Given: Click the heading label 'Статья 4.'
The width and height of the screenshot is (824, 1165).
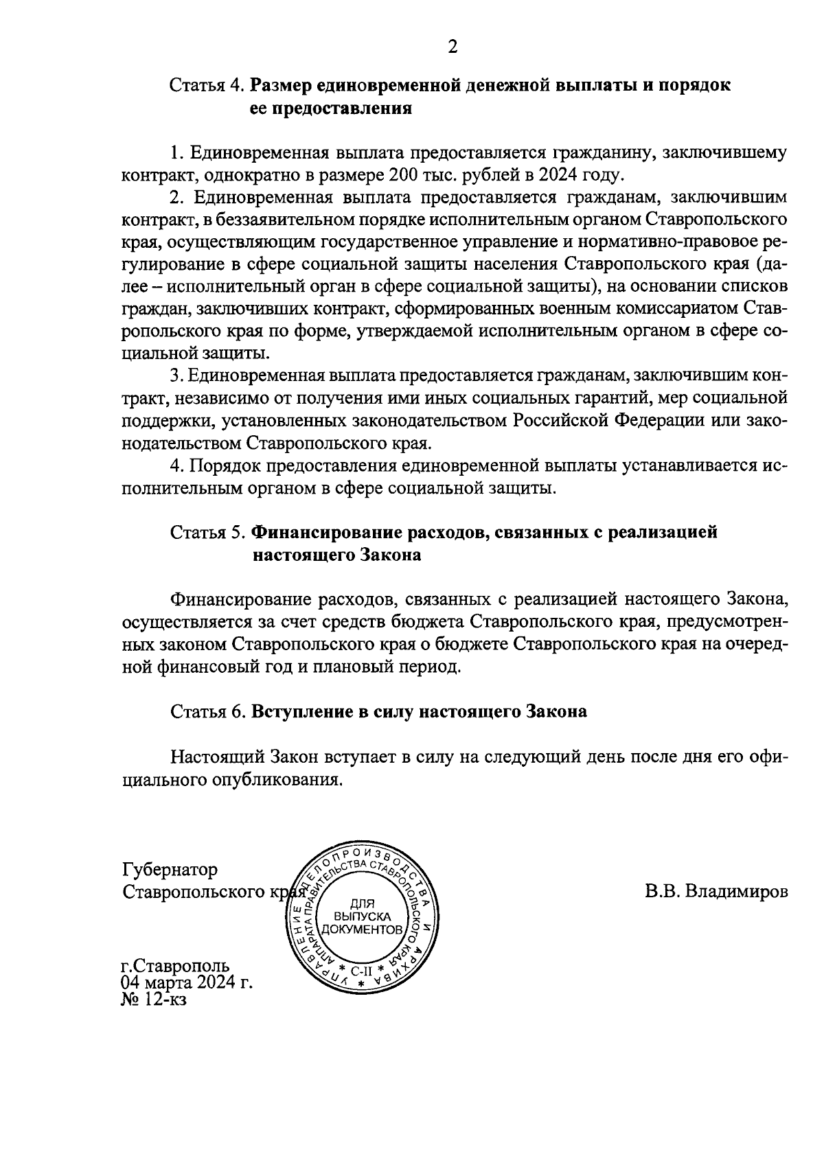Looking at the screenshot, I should point(207,86).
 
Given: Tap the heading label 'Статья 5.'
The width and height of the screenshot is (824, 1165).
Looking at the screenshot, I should point(207,532).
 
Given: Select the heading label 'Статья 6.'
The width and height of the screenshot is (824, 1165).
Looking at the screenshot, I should point(207,712).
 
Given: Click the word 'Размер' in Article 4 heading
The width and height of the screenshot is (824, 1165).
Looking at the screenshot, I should point(286,86).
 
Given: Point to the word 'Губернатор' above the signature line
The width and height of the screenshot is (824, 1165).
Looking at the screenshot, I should point(170,870).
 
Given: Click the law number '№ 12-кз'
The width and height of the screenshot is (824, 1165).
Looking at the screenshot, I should point(154,999).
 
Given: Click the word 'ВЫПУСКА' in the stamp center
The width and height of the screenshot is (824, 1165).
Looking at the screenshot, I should point(362,916).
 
